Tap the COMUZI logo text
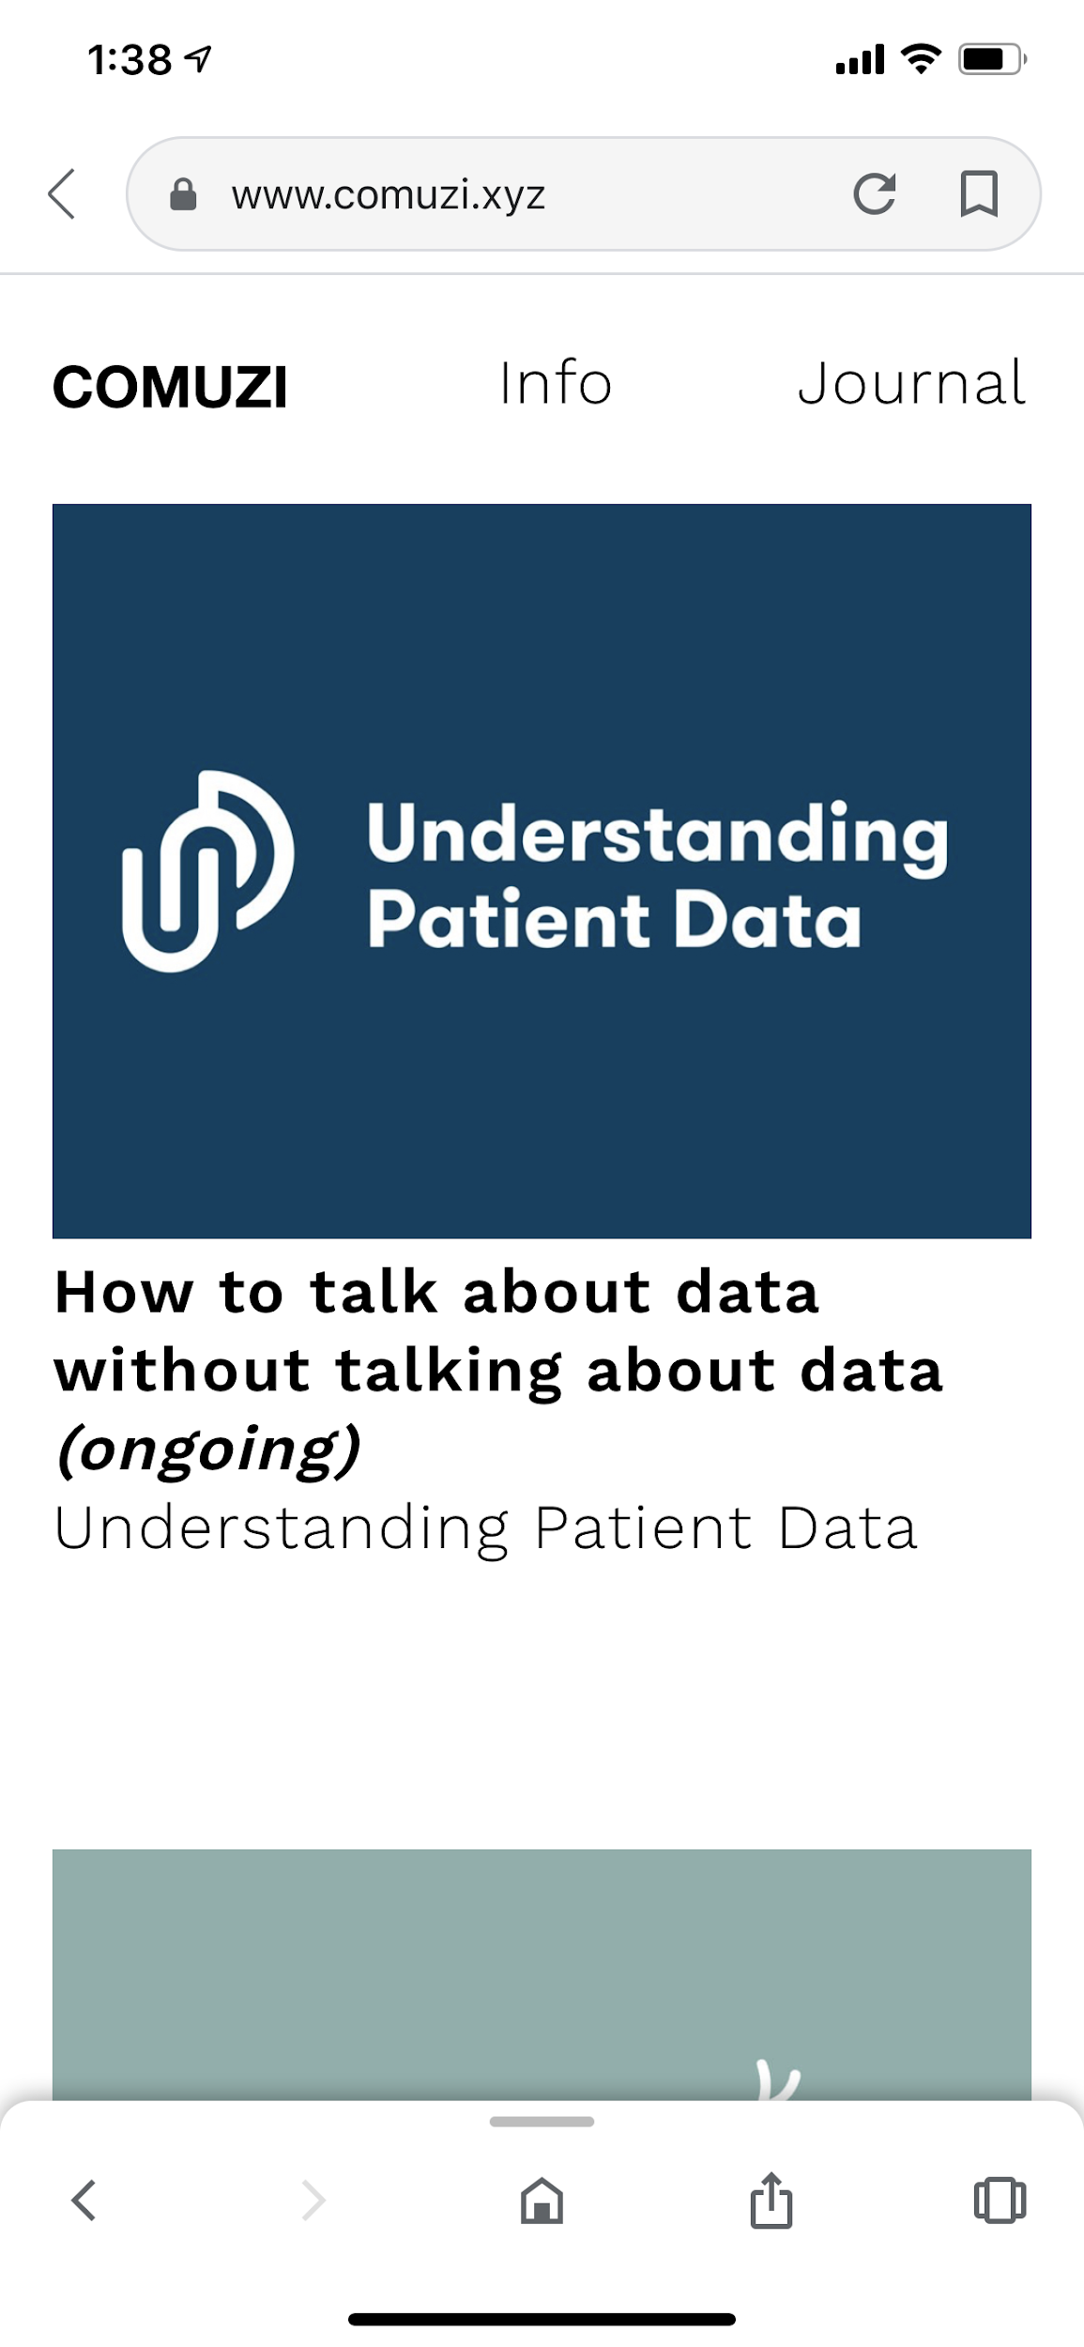(x=170, y=387)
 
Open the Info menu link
(x=556, y=383)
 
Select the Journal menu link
(x=911, y=383)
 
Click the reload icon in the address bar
(x=874, y=194)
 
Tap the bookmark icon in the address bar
(x=979, y=194)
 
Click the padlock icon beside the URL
(x=183, y=194)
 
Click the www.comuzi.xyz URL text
(x=389, y=195)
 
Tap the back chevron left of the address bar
(x=62, y=194)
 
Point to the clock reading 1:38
(x=130, y=60)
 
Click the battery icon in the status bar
(x=992, y=59)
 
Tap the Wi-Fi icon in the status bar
(x=921, y=58)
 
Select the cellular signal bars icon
(x=860, y=59)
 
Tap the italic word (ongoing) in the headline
(x=207, y=1450)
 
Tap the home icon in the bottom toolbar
(x=542, y=2201)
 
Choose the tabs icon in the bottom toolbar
(x=1000, y=2200)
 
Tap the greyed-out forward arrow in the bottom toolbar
(x=313, y=2201)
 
